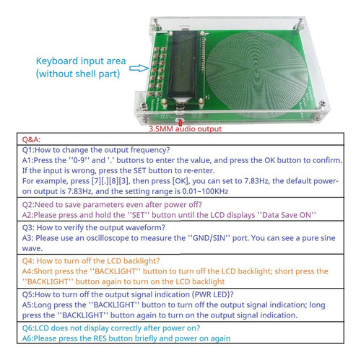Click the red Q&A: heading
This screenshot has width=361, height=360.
click(31, 139)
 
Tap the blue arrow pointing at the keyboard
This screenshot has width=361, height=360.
click(139, 69)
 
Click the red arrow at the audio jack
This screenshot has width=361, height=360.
click(180, 123)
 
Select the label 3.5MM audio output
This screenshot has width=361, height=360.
click(185, 129)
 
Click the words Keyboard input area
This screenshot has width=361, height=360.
click(81, 61)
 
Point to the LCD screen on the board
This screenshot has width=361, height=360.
click(182, 65)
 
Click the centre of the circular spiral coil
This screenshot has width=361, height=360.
click(257, 70)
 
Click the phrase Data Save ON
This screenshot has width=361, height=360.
click(289, 215)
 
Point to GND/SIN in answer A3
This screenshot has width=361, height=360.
click(209, 238)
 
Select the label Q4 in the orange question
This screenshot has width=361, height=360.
click(27, 261)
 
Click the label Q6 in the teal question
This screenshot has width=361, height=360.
click(27, 328)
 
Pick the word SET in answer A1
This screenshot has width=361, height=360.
click(140, 171)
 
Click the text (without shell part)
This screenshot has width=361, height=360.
click(78, 74)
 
